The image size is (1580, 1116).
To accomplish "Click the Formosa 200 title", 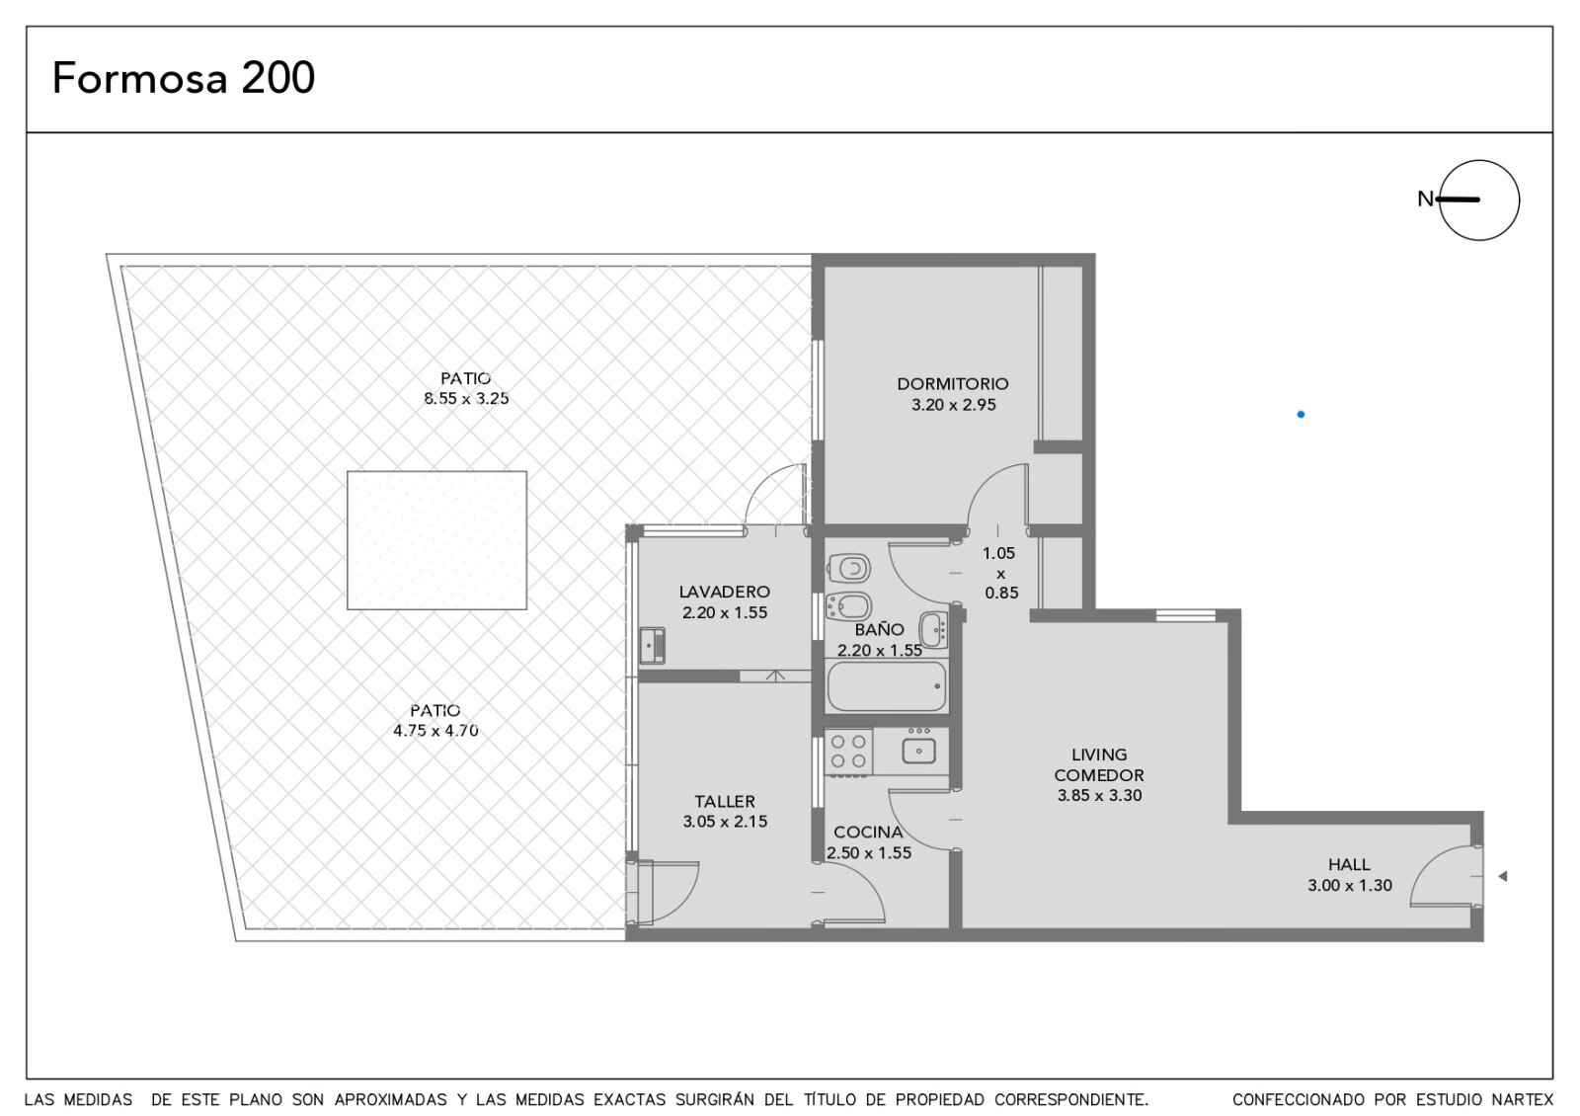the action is coord(184,78).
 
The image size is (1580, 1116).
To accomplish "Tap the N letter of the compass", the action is coord(1425,199).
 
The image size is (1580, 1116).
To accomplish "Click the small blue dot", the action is coord(1301,415).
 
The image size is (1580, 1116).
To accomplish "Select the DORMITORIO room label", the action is coord(953,384).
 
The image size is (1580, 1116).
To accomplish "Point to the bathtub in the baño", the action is coord(887,686).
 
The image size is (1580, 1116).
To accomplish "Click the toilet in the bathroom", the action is coord(848,568).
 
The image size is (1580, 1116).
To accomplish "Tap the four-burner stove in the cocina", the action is coord(848,752).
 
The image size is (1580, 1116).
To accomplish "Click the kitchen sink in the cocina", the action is coord(919,751).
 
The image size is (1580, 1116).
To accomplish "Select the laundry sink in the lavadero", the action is coord(653,646).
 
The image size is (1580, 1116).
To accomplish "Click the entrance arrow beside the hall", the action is coord(1502,876).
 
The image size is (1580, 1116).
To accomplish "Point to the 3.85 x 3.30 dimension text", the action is coord(1099,796).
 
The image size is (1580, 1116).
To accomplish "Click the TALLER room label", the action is coord(725,801).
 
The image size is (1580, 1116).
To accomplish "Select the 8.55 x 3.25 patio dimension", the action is coord(466,399).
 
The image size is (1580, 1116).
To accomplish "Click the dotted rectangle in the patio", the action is coord(436,540).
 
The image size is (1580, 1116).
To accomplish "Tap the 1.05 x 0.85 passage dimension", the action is coord(1000,573).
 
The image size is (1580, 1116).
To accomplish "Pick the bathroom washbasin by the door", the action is coord(933,629).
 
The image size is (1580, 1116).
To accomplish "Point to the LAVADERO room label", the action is coord(725,592).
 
